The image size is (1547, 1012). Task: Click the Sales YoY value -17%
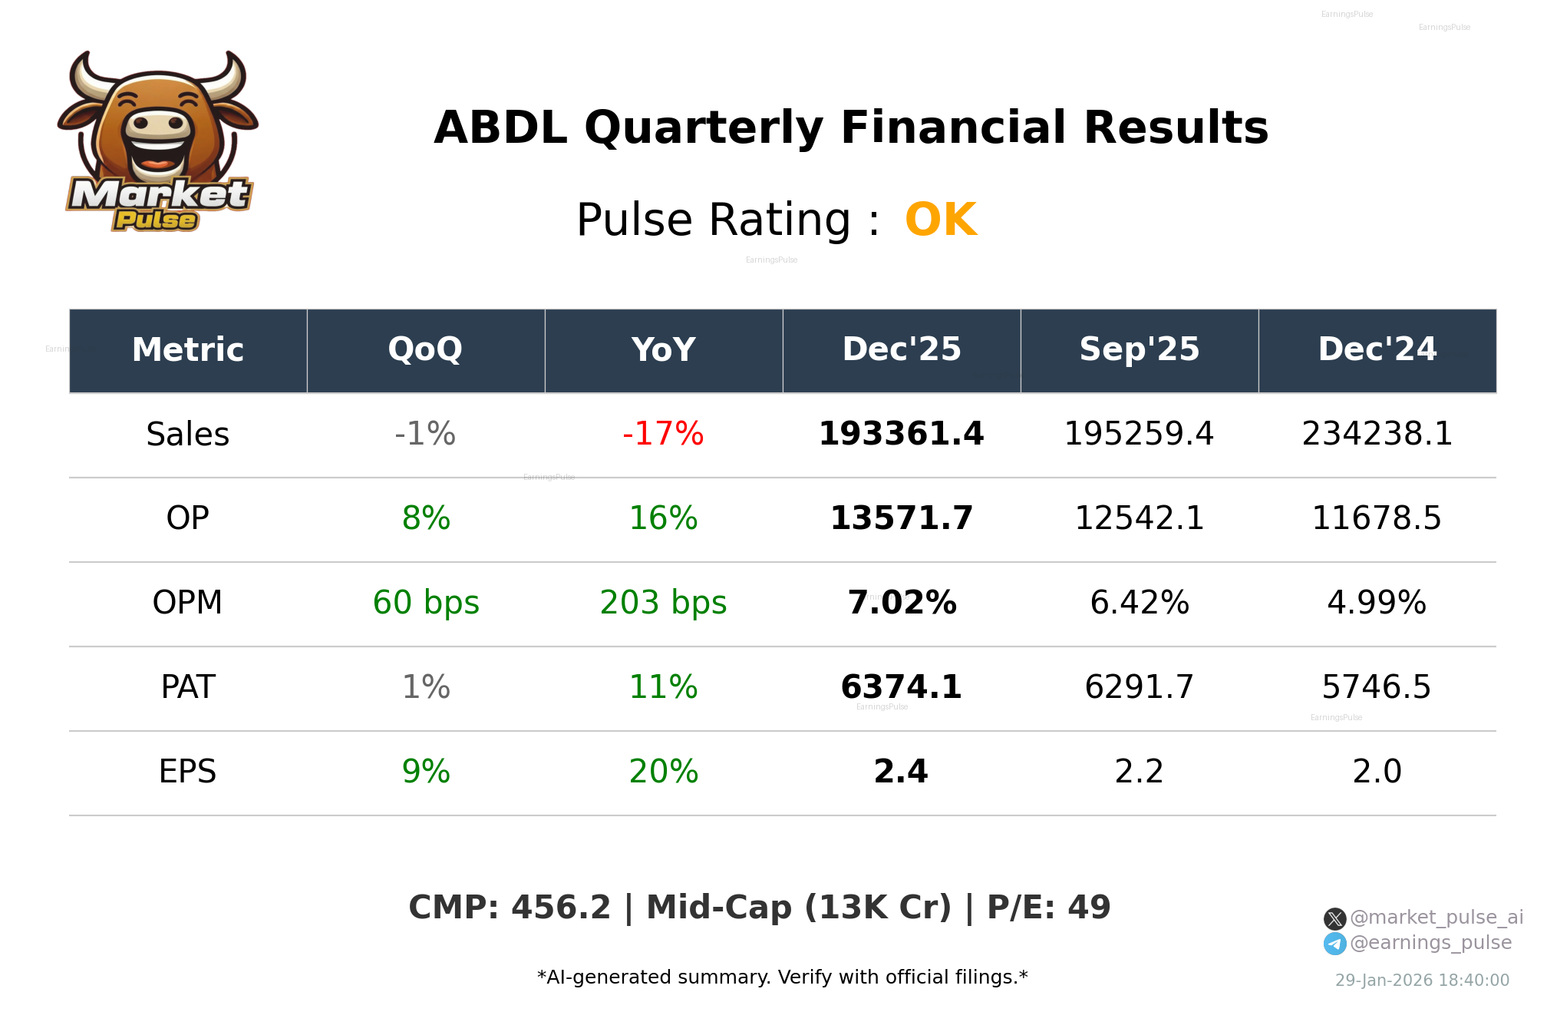(663, 434)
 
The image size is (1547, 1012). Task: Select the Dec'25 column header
(901, 349)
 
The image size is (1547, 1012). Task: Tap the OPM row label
(187, 603)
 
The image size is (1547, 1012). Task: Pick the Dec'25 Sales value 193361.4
(901, 434)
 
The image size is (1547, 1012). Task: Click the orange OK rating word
(940, 220)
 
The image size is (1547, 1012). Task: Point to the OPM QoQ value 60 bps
(426, 603)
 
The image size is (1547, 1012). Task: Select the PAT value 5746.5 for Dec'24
(1376, 687)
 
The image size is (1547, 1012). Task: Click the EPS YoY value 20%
(663, 772)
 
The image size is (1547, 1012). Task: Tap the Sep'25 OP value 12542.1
(1139, 518)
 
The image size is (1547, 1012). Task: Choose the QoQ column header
(425, 349)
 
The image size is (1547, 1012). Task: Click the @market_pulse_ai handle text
(1436, 918)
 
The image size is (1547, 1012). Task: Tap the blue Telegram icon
(1334, 944)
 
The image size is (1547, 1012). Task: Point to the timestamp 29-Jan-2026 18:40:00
(1422, 981)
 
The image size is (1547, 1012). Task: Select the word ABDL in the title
(500, 127)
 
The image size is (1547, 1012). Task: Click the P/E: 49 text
(1048, 908)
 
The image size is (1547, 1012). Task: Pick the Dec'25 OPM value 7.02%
(901, 603)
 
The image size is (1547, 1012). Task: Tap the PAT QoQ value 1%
(426, 687)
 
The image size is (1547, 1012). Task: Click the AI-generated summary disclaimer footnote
(782, 977)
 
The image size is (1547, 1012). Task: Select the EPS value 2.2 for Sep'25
(1139, 772)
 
